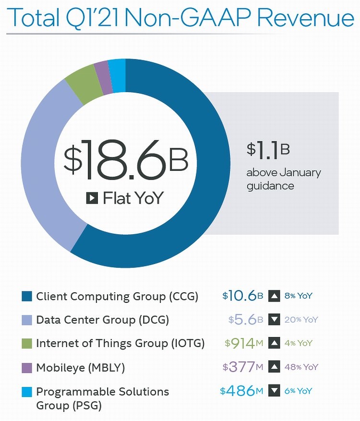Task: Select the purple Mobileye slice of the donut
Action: (x=101, y=70)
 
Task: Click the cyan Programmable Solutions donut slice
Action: (x=117, y=68)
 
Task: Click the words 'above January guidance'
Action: (x=283, y=179)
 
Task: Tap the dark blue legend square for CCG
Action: (x=27, y=296)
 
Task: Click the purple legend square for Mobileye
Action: (x=27, y=367)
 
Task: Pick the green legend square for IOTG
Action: (x=27, y=343)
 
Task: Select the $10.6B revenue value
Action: (x=242, y=296)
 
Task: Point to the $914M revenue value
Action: (x=244, y=343)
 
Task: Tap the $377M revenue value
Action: (x=243, y=367)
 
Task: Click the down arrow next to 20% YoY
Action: (x=274, y=320)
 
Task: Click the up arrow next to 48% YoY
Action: (x=274, y=367)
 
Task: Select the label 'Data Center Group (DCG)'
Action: (x=103, y=320)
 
